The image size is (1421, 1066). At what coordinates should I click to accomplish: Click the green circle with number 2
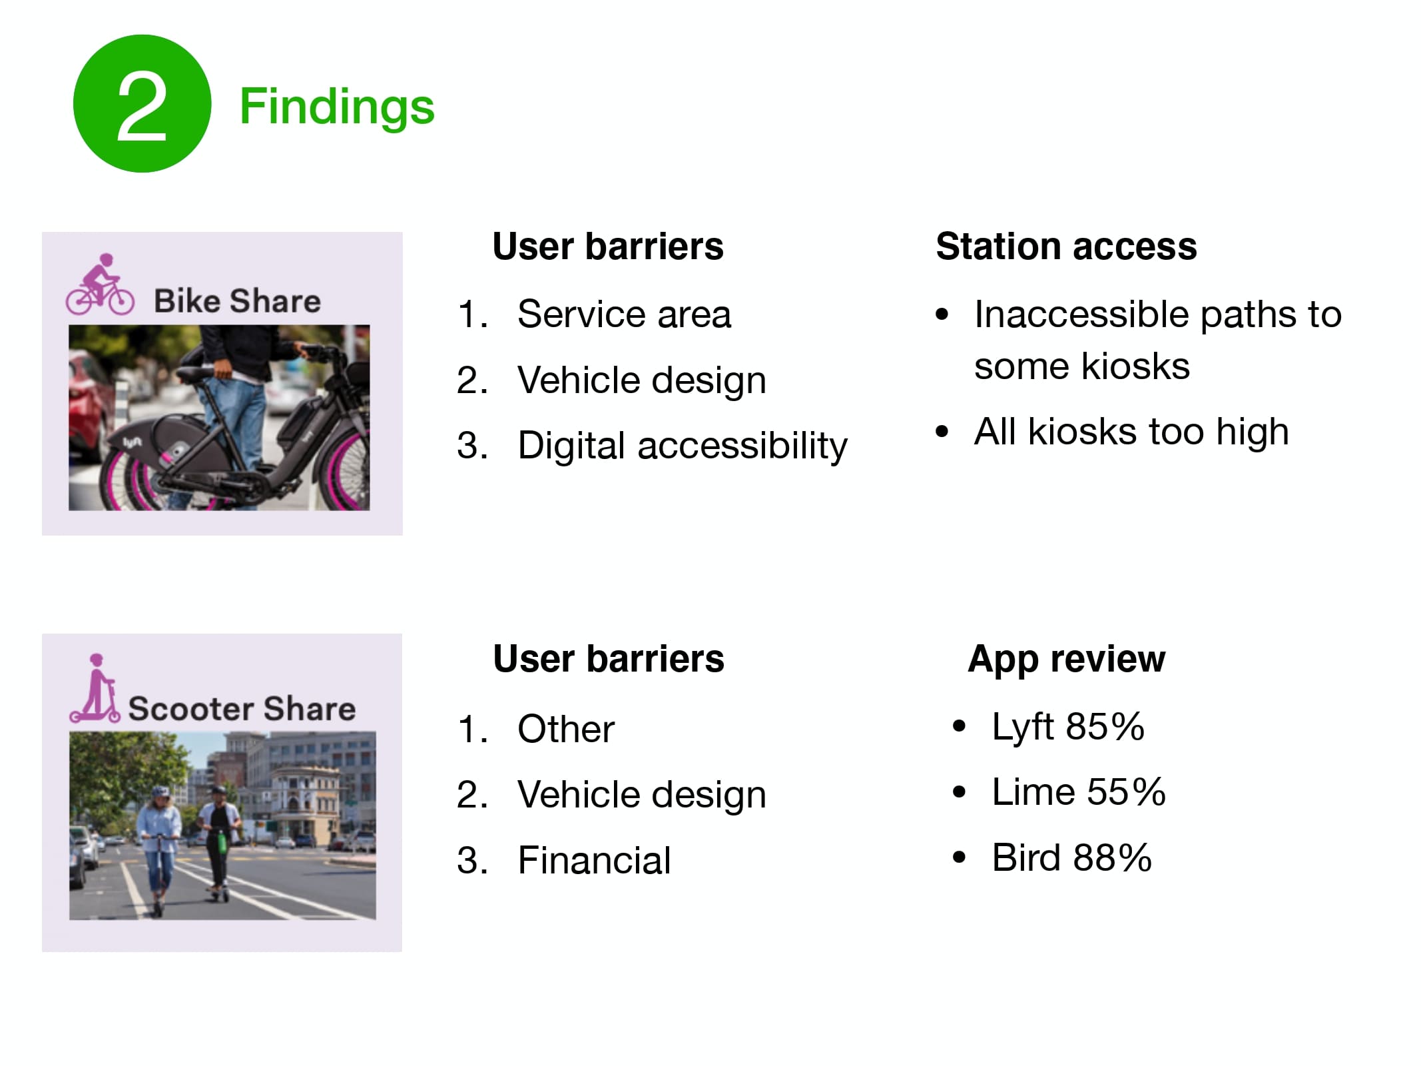point(142,104)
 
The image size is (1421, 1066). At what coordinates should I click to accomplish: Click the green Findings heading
point(336,107)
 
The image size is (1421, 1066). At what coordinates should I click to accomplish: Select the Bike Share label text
point(237,301)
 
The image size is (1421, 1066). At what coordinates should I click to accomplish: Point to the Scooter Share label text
point(242,708)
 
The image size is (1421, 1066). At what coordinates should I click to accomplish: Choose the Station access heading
point(1065,247)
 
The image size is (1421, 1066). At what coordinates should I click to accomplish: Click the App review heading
point(1066,659)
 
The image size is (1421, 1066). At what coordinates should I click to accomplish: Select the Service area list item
point(624,314)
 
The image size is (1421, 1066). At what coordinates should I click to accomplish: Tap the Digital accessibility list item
point(682,446)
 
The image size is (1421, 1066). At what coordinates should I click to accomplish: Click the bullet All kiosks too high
point(1131,432)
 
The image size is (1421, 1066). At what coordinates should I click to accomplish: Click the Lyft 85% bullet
point(1067,727)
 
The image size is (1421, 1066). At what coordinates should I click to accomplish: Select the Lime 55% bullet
point(1078,792)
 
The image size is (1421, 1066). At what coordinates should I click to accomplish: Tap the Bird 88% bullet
point(1071,857)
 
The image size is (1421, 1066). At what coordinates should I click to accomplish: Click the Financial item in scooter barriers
point(594,860)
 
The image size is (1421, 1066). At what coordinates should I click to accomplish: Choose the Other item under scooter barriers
point(566,729)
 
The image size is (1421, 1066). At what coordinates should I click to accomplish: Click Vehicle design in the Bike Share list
point(641,380)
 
